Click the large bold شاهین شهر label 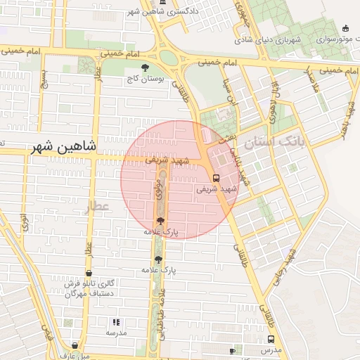point(63,148)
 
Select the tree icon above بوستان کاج point(145,68)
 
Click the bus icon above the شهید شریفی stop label point(216,177)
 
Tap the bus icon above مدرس point(271,338)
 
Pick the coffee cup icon point(233,350)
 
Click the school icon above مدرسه point(117,322)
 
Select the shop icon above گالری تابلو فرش point(89,273)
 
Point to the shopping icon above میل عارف point(75,345)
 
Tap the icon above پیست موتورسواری point(345,28)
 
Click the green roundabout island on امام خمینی point(169,57)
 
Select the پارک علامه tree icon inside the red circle point(160,221)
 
